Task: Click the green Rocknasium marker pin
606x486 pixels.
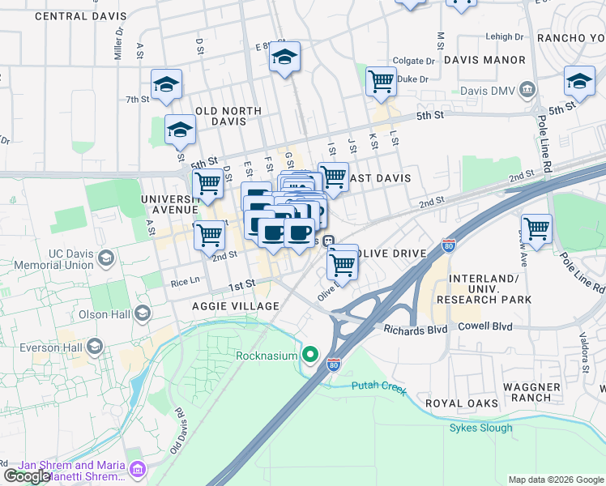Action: click(x=309, y=355)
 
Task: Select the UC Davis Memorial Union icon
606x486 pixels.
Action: click(x=105, y=259)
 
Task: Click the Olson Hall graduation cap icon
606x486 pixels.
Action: click(x=143, y=313)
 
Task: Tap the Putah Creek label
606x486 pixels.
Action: click(x=377, y=386)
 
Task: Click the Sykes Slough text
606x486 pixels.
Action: click(x=480, y=428)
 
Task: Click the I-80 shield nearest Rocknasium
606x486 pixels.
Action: click(x=334, y=365)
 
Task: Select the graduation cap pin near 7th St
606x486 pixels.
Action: click(x=166, y=83)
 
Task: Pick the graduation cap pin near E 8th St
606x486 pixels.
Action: click(x=284, y=57)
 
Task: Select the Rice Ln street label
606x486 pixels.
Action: click(x=185, y=282)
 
